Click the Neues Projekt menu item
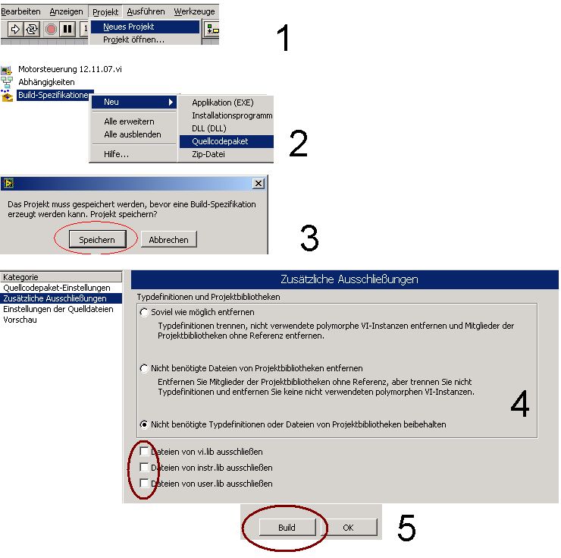click(145, 27)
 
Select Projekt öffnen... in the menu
click(133, 39)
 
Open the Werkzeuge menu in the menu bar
click(194, 11)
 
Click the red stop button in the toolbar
click(51, 29)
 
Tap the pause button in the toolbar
click(67, 29)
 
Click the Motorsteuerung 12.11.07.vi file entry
click(70, 69)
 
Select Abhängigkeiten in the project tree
click(46, 82)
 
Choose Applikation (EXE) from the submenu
click(223, 102)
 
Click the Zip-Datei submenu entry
click(208, 154)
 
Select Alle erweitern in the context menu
click(129, 121)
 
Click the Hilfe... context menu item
click(116, 154)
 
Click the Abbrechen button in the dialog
click(168, 239)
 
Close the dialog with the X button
click(259, 184)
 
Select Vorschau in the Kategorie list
click(20, 320)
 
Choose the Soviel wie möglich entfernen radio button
click(144, 312)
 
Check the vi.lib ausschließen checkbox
click(144, 451)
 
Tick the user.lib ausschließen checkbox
click(144, 483)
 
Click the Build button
click(287, 527)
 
